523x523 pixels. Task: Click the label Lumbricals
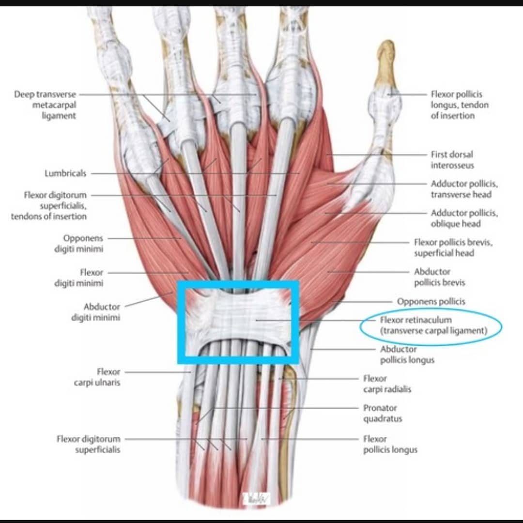coord(65,173)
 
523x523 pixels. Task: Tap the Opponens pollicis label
coord(431,302)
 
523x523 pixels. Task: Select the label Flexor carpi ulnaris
coord(97,377)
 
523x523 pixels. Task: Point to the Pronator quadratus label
coord(383,413)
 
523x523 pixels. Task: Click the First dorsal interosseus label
coord(452,160)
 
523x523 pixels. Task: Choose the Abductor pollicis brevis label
coord(440,277)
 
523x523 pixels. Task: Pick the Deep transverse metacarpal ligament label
coord(45,105)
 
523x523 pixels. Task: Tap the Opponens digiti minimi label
coord(79,244)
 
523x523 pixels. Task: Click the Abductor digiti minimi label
coord(96,312)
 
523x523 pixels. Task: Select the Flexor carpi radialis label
coord(387,384)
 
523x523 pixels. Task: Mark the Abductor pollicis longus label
coord(407,354)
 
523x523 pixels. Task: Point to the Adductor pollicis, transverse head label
coord(464,189)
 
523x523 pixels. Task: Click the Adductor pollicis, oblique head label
coord(464,218)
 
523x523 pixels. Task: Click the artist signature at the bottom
coord(256,498)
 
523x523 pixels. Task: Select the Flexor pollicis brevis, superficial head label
coord(453,247)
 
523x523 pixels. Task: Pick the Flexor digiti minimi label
coord(79,278)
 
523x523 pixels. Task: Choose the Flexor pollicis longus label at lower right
coord(390,444)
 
